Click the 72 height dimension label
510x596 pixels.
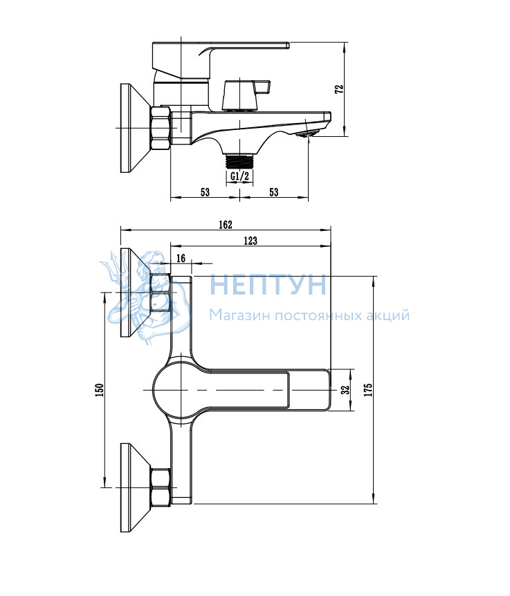[x=340, y=89]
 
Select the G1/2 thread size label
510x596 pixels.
[x=239, y=176]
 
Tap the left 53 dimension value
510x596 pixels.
[x=205, y=192]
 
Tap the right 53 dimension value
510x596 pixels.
[x=274, y=192]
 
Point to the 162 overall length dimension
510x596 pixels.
[x=226, y=225]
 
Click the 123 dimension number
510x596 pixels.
[x=251, y=241]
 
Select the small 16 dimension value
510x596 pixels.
[x=181, y=259]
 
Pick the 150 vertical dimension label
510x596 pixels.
[x=99, y=391]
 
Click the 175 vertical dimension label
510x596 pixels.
[x=368, y=391]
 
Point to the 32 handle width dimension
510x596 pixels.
[x=345, y=390]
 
